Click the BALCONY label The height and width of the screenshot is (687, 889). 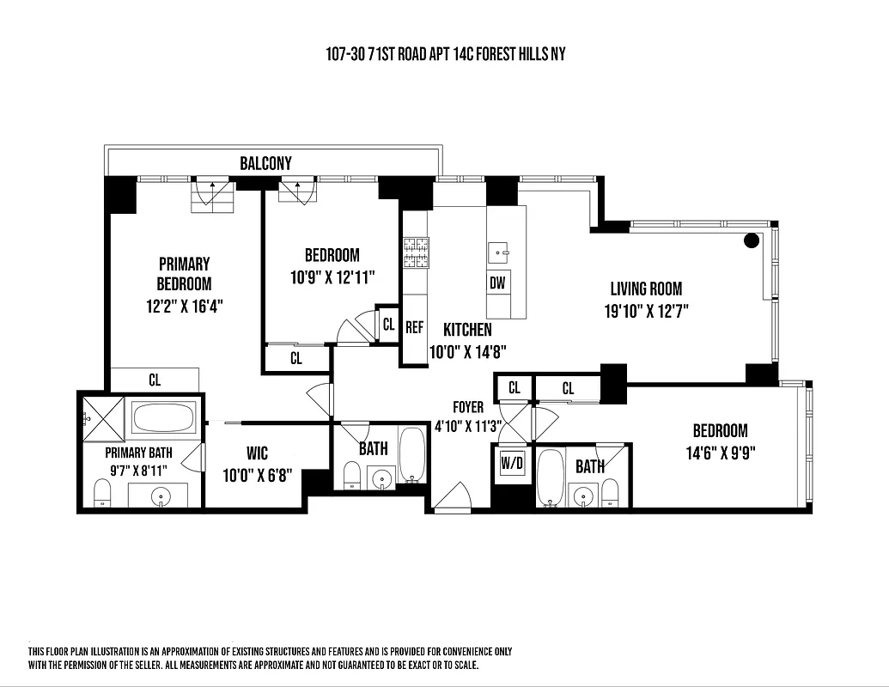[265, 163]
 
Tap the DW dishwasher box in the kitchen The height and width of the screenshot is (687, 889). [497, 283]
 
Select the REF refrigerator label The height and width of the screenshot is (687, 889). [414, 327]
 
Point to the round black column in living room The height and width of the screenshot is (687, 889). [752, 240]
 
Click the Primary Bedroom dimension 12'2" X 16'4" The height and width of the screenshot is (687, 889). [184, 304]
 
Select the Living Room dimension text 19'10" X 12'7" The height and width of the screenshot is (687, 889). [646, 310]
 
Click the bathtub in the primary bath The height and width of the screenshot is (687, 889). [166, 419]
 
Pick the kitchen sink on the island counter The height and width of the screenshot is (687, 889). [498, 252]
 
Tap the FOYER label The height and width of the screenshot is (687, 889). [468, 407]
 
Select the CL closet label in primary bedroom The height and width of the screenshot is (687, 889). [155, 380]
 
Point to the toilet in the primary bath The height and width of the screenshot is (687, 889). [102, 492]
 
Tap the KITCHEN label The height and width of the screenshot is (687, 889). [467, 330]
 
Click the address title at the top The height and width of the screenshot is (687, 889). [445, 54]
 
